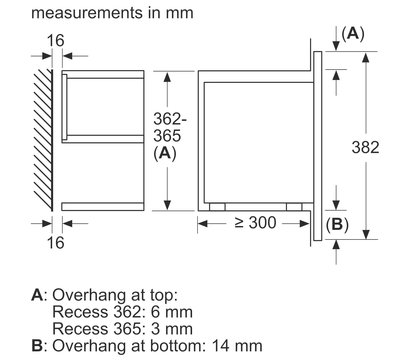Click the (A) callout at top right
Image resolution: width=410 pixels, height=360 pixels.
click(x=352, y=33)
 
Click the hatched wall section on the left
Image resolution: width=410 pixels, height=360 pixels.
click(x=41, y=139)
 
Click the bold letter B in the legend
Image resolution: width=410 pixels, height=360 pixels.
click(x=38, y=343)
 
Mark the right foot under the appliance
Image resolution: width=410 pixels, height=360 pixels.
click(x=289, y=206)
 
